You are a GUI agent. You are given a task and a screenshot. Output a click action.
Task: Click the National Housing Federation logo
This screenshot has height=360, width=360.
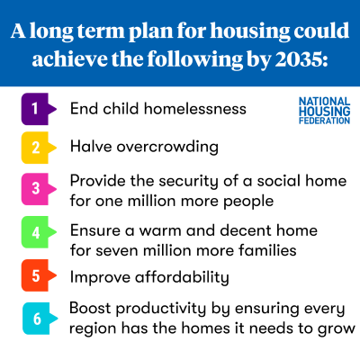[x=325, y=111]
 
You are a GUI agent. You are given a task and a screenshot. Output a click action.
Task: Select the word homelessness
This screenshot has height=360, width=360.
[x=195, y=109]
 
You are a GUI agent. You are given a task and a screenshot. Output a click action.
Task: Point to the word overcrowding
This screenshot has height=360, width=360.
[x=167, y=148]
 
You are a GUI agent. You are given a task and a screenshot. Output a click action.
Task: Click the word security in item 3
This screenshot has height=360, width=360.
[x=188, y=182]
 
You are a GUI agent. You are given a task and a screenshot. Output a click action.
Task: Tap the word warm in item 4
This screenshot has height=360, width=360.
[x=160, y=231]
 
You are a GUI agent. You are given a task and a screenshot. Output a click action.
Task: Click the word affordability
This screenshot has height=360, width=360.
[x=182, y=277]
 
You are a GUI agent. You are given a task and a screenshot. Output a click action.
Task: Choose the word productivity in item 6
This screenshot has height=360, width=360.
[x=161, y=309]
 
